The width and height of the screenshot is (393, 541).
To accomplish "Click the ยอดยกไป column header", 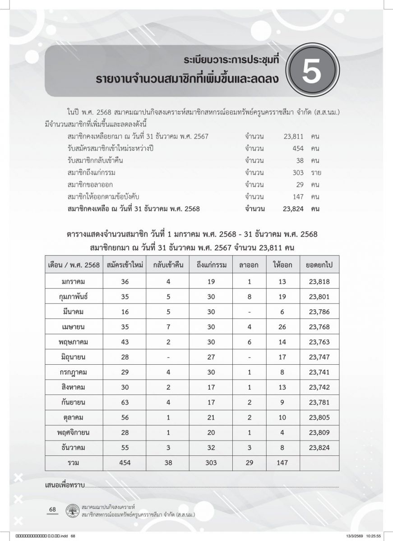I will click(319, 265).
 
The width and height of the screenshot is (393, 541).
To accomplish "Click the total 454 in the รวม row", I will click(125, 462).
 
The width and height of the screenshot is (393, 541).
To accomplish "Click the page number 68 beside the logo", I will click(52, 509).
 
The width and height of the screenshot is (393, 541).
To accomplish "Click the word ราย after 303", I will click(316, 172).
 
